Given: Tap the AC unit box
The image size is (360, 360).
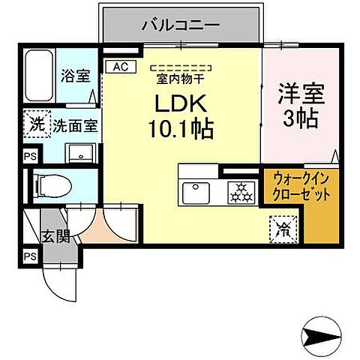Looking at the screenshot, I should coord(120,66).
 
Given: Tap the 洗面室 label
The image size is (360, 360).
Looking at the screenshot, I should coord(73,126).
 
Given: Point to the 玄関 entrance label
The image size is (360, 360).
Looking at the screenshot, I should coord(55,236).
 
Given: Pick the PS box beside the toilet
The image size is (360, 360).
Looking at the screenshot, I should coord(29,156).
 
